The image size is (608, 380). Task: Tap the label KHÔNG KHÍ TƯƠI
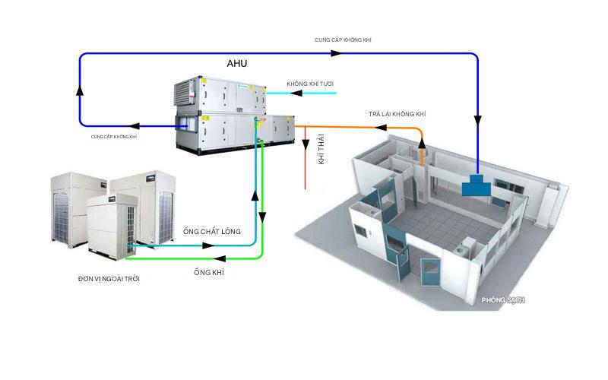310,83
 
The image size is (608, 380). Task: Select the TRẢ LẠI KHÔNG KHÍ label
397,113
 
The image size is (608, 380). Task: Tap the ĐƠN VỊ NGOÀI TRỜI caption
109,279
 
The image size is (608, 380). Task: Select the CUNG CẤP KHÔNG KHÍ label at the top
343,39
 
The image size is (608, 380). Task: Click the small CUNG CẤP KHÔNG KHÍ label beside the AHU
113,137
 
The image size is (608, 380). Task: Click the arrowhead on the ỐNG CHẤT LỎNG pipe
207,245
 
